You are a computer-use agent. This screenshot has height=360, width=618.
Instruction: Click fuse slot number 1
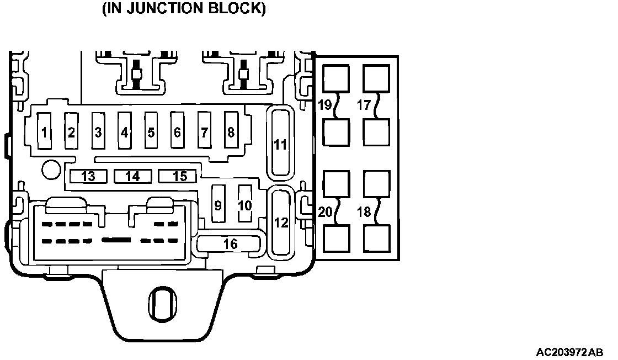pos(44,131)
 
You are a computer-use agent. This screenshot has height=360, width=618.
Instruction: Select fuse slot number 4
pos(125,131)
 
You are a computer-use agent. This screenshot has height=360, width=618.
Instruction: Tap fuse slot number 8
pos(231,131)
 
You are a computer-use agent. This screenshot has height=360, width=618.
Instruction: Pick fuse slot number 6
pos(177,131)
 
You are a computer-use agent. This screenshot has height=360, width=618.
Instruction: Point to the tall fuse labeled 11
pos(281,143)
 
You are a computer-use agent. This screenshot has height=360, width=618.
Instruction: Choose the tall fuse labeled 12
pos(281,222)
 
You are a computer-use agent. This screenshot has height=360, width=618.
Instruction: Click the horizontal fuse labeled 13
pos(88,176)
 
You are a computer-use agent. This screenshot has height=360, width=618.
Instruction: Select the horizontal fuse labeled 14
pos(132,176)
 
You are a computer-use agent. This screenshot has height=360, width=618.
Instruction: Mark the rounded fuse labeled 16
pos(230,243)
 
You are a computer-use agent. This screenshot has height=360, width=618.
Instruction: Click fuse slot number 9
pos(218,204)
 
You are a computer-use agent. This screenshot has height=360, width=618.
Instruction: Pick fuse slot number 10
pos(244,204)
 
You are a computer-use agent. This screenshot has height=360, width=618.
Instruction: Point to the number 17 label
pos(363,104)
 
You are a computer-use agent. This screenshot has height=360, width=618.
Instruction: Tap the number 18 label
pos(364,212)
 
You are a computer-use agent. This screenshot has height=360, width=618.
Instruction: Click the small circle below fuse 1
pos(51,169)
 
